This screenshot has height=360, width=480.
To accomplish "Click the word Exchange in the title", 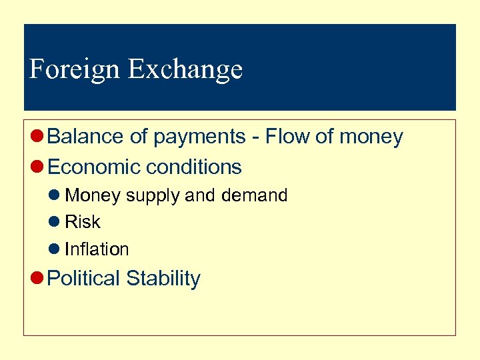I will tap(185, 69).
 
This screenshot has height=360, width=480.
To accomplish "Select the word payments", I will tap(199, 137).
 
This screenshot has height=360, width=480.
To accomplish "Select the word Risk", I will tap(83, 222).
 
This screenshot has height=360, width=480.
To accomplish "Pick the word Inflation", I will tap(97, 249).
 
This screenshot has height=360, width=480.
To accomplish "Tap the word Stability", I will tap(163, 278).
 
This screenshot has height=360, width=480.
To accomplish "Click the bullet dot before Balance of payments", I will tap(38, 137).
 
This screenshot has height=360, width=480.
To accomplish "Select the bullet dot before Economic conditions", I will tap(38, 167).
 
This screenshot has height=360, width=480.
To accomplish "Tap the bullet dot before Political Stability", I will tap(38, 279).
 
